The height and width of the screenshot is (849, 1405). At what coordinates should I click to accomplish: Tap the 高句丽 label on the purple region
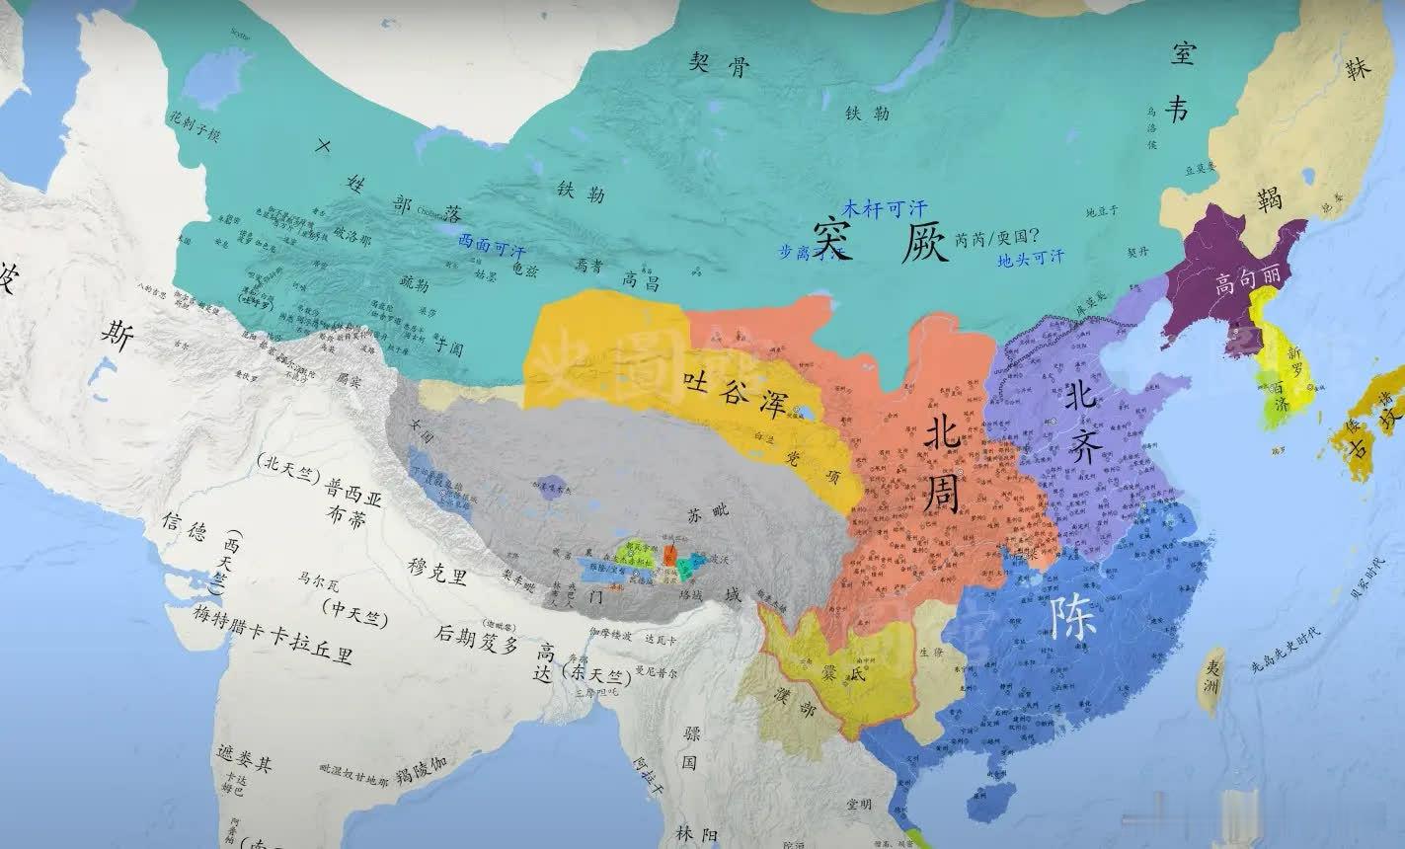pos(1246,285)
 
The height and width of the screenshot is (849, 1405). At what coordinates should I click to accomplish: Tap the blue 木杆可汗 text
pos(886,208)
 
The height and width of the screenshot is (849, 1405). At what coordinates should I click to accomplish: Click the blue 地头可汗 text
pos(1031,259)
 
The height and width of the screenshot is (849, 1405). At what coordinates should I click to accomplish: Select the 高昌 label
pos(642,281)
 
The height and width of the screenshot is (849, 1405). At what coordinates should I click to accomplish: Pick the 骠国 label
pos(689,748)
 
